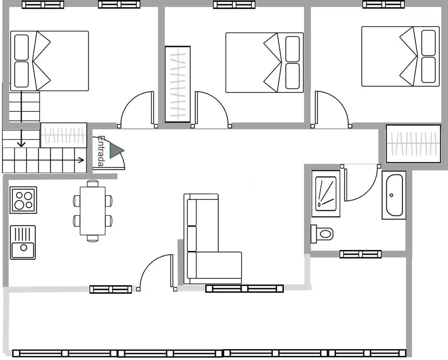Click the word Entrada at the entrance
[101, 151]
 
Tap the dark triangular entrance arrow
[116, 151]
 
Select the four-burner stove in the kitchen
[23, 200]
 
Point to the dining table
[93, 211]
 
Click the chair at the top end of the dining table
[93, 183]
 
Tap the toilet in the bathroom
[322, 234]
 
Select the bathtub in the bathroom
[394, 195]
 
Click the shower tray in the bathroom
[326, 194]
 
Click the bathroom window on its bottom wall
[361, 254]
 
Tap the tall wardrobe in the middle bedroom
[178, 84]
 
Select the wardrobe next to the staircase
[64, 135]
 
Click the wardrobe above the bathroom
[413, 144]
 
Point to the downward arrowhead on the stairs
[21, 144]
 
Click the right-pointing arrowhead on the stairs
[81, 160]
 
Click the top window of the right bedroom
[383, 5]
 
